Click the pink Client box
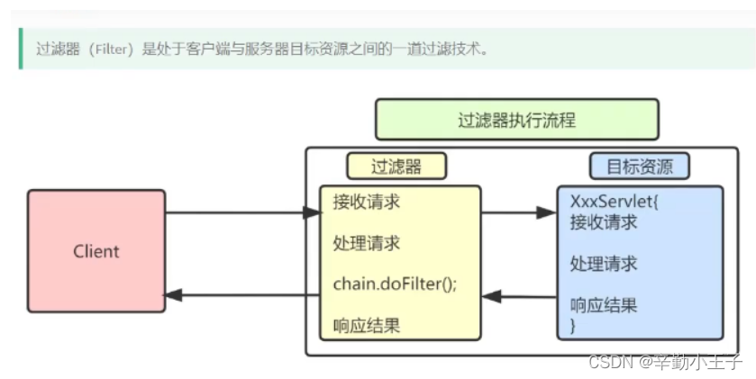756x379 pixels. (96, 250)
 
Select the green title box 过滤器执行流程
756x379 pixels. (516, 119)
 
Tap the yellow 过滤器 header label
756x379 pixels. (396, 166)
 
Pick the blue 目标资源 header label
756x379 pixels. (640, 166)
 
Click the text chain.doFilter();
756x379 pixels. (395, 284)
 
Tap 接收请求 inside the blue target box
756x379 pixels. (604, 221)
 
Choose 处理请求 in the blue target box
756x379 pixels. (604, 263)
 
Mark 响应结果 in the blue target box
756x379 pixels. (604, 304)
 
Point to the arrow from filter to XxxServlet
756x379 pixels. (519, 213)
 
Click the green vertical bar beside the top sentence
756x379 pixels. (19, 49)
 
